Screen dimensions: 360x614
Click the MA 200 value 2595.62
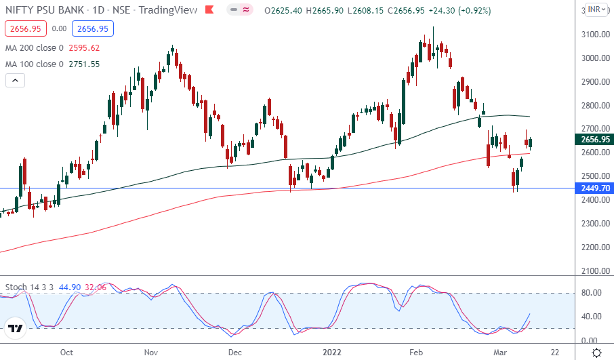click(84, 47)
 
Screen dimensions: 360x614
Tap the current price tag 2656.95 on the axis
click(594, 140)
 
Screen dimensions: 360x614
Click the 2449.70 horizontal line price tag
click(594, 188)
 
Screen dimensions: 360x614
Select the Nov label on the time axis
click(150, 353)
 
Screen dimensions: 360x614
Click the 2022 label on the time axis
click(331, 353)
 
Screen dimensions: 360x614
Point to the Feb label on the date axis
click(416, 353)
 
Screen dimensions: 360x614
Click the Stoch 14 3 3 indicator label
click(29, 287)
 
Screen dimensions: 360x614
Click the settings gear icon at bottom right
click(597, 353)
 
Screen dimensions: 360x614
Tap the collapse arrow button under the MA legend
click(16, 80)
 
